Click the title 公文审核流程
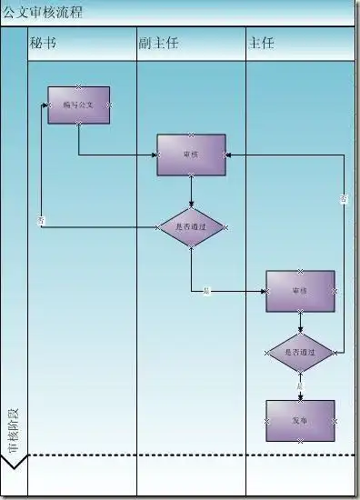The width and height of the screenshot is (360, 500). pos(42,12)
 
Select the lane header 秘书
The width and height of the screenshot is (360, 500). pos(43,43)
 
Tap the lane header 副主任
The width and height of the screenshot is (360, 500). pos(154,43)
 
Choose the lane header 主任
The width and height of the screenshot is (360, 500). pos(260,43)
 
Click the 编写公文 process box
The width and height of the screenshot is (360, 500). pos(79,105)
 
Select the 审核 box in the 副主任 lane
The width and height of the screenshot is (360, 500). pos(191,155)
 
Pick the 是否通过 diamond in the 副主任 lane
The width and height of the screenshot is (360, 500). pos(191,225)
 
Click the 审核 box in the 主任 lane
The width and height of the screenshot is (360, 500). pos(300,291)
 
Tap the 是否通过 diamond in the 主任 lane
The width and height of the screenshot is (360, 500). pos(300,352)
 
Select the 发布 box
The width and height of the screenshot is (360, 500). pos(300,421)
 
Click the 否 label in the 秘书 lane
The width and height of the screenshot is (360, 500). pos(41,221)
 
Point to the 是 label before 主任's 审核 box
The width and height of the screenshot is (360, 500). pos(206,291)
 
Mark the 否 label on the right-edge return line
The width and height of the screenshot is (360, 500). pos(344,198)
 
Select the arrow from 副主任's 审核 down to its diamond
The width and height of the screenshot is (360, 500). pos(191,191)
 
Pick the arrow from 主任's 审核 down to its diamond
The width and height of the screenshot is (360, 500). pos(300,322)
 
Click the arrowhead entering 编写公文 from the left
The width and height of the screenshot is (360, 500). pos(45,105)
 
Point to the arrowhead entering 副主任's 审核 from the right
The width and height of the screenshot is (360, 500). pos(229,155)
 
